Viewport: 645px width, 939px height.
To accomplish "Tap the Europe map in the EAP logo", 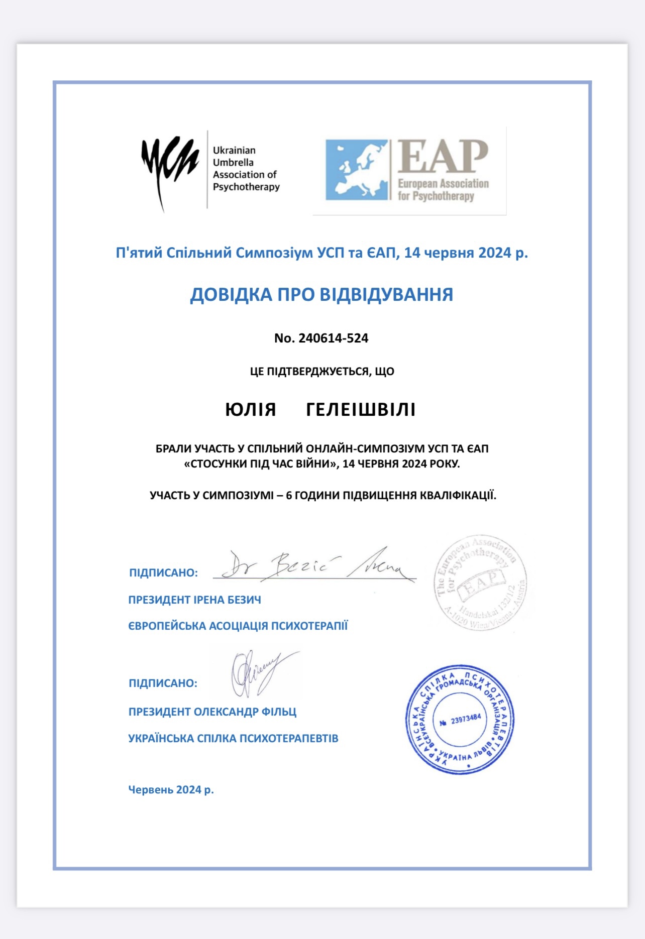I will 357,170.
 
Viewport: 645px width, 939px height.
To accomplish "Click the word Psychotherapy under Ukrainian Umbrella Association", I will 246,187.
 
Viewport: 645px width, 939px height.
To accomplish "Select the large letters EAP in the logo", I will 443,157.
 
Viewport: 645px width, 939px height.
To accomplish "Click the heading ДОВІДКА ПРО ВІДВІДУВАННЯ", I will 321,295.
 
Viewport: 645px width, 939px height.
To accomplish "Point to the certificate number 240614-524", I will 333,338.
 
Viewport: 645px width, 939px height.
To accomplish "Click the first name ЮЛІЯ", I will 251,410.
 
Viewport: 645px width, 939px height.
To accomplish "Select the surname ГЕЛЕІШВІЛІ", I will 361,410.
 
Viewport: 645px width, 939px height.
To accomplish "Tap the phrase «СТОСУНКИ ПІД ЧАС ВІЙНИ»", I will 260,463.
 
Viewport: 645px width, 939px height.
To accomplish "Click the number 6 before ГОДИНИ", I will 289,496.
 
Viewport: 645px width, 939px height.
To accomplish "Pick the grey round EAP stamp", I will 481,582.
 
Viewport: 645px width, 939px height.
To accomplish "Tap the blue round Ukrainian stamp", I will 460,720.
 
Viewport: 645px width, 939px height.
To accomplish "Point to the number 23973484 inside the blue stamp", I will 466,720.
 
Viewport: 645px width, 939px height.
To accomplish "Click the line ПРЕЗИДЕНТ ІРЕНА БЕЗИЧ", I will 195,600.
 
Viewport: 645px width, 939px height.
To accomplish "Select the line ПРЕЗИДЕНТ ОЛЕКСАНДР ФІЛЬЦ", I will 212,712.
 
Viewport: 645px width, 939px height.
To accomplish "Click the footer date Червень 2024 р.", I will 171,790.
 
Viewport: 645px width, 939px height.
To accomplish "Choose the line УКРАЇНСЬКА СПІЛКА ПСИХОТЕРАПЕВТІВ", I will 233,739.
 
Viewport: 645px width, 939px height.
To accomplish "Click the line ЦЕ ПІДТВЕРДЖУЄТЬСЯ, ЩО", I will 322,372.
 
